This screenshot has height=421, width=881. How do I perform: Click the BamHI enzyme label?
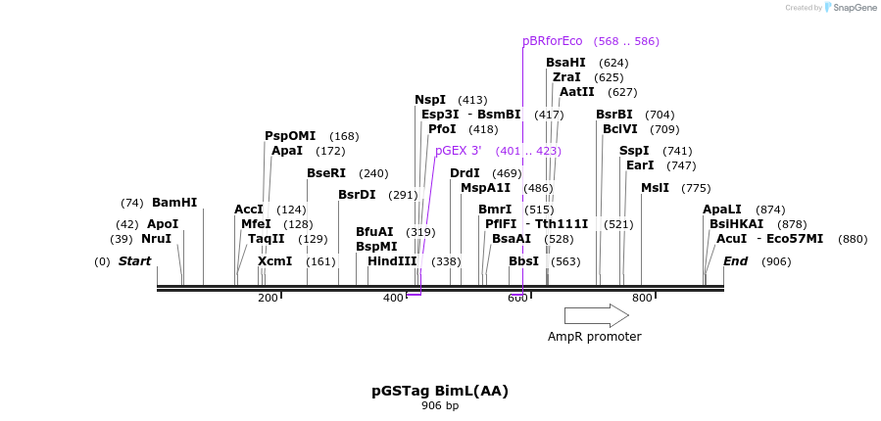174,203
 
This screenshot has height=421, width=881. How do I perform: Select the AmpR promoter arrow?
596,315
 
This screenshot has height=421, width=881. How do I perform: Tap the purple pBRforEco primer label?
552,41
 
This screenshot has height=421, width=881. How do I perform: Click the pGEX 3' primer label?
458,151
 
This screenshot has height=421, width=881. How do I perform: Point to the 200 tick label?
268,298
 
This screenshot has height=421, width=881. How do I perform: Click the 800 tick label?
642,298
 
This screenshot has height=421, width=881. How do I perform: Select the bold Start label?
135,261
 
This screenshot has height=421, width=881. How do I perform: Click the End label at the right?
735,261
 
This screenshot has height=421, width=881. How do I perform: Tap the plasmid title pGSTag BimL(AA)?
440,391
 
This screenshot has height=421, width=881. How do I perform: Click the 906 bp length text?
440,405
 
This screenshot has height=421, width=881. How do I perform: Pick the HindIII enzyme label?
392,261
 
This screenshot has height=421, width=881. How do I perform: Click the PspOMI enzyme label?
290,136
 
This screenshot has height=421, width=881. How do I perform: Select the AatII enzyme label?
577,92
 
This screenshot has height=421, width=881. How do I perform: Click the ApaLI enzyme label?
722,210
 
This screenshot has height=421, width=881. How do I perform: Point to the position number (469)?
507,173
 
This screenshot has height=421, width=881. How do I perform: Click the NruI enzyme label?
156,238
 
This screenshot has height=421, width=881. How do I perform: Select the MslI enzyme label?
655,188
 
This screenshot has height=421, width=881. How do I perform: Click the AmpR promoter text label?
594,337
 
